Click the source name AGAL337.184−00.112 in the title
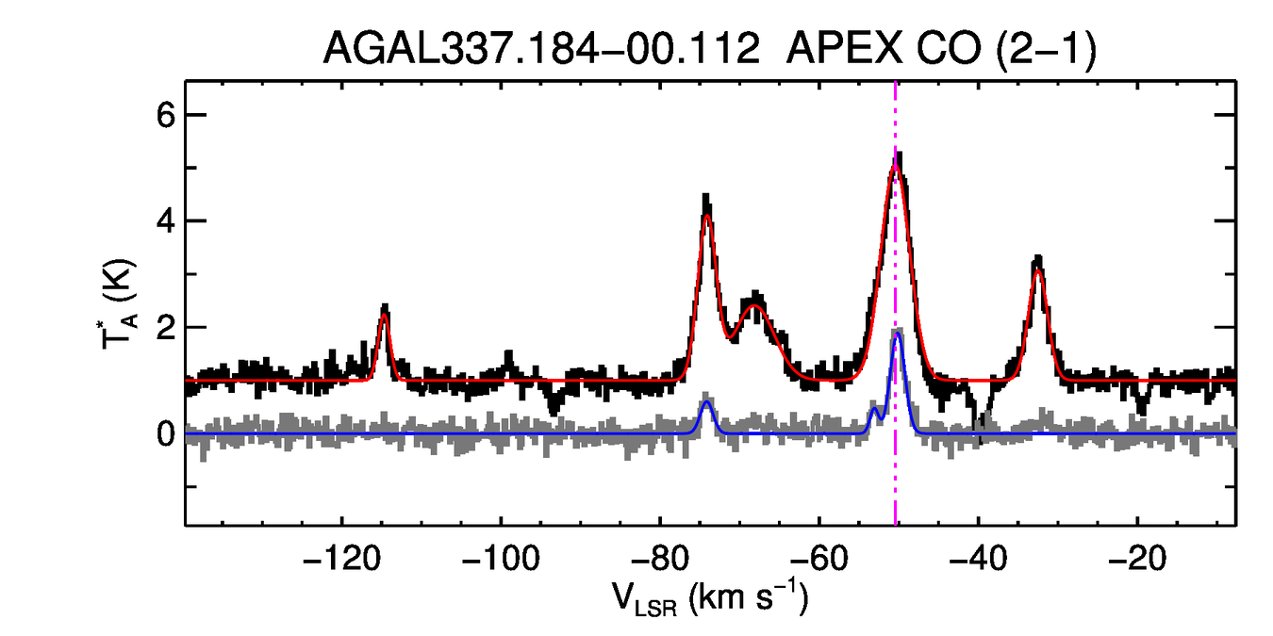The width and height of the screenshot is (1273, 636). coord(541,50)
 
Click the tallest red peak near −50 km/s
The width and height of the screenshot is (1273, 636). coord(896,170)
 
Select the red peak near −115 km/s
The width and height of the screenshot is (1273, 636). coord(384,317)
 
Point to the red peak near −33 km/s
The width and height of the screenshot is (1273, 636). coord(1038,271)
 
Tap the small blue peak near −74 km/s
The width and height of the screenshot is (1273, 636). coord(706,402)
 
